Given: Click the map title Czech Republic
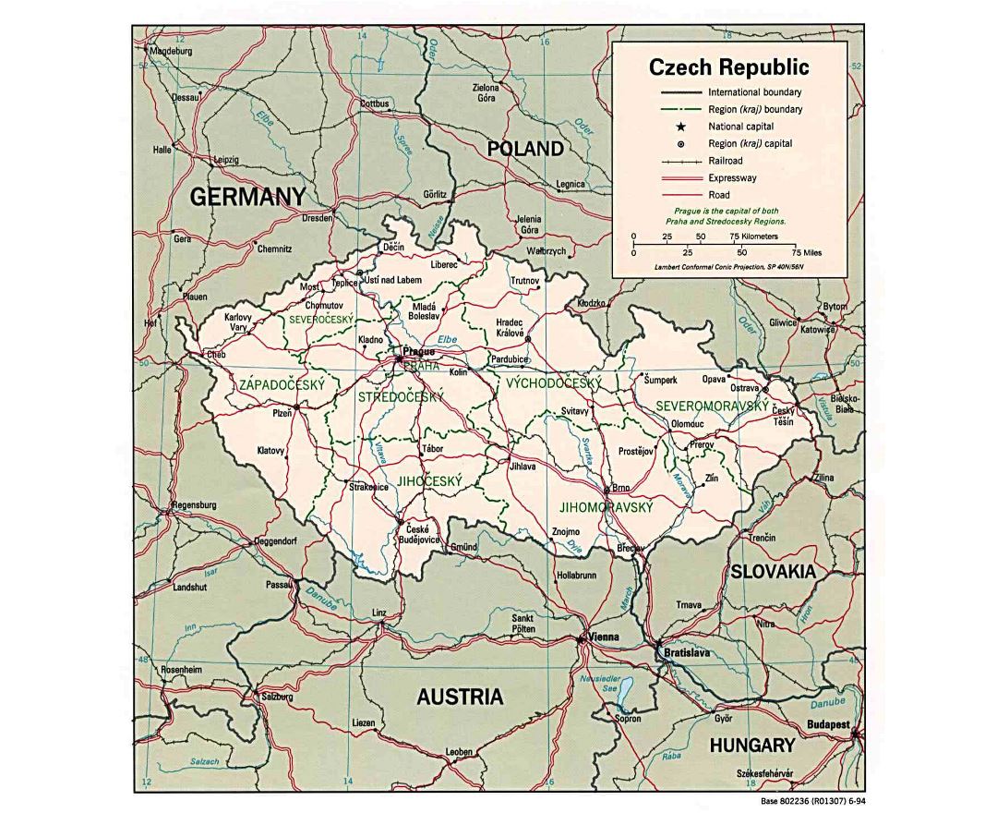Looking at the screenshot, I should coord(728,67).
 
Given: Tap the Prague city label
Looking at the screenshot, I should coord(419,352).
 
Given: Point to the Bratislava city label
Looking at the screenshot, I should coord(685,654).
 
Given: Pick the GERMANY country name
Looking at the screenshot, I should coord(247,196).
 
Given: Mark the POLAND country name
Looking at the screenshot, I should coord(524,149).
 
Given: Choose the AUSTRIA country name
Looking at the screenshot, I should coord(460,697).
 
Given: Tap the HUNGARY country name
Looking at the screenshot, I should coord(751,745).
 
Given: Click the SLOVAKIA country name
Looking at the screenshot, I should coord(774,572).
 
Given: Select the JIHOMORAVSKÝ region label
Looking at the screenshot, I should coord(606,508).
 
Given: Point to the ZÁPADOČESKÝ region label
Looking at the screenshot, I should coord(282,385).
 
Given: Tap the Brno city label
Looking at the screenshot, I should coord(621,487).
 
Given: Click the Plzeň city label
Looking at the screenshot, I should coord(281,414).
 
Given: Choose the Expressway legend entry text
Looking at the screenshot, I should coord(732,177).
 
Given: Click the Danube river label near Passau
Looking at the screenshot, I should coord(323,593).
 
